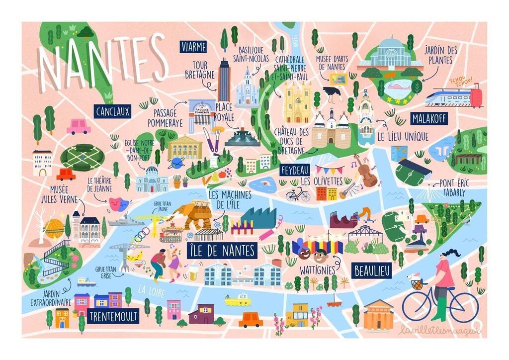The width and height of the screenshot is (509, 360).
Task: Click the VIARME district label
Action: pos(193,47)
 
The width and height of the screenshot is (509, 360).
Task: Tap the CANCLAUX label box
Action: pos(112,111)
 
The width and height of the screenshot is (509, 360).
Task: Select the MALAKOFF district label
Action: pos(428,118)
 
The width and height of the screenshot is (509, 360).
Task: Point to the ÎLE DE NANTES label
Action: pos(222,250)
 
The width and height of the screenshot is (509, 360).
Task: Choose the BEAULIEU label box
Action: pos(372,270)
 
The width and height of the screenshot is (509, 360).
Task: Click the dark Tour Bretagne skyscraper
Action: pos(224,81)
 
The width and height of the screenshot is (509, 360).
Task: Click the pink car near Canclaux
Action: pos(78,127)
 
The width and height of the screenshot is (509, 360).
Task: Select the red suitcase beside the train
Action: pos(476,95)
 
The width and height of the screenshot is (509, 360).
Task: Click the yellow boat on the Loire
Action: pos(237,299)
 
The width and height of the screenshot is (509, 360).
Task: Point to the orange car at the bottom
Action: pos(251,320)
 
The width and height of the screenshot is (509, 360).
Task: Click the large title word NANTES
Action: pos(102,59)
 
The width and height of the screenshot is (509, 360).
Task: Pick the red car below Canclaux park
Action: pos(66,175)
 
